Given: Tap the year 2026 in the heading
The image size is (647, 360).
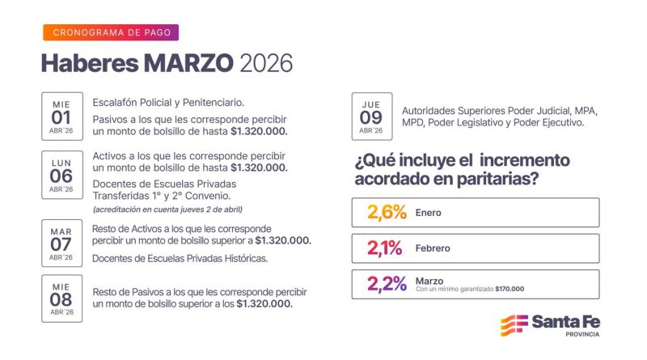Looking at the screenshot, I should tap(266, 62).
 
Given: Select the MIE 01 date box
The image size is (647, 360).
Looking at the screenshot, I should tap(61, 116).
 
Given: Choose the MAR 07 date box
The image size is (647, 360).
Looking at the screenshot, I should tap(61, 241).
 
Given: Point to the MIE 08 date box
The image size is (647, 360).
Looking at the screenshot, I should tap(61, 298).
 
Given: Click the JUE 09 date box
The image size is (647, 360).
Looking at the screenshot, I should tap(372, 116).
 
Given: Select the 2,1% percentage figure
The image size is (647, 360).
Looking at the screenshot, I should tap(385, 248).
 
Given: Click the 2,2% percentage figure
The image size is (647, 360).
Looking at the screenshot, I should tap(387, 284).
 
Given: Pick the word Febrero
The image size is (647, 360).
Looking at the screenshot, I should tap(433, 248).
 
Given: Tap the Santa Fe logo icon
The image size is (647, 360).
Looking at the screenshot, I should tap(514, 324).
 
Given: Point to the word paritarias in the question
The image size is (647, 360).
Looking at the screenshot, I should tap(495, 180).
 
